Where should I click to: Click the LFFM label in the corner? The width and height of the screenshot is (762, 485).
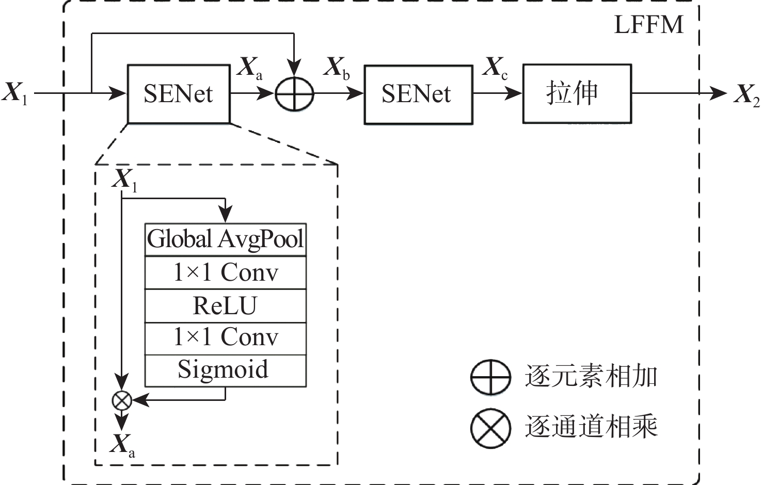click(648, 25)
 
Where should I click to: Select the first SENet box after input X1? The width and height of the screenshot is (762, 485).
click(179, 94)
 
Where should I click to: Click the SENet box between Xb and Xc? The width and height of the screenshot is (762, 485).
click(418, 94)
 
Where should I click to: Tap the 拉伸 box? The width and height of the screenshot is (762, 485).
click(577, 94)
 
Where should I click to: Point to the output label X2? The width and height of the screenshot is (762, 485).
click(747, 95)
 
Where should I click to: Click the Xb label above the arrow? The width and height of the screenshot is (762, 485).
click(337, 68)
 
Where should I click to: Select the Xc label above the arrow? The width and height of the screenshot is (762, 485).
click(495, 68)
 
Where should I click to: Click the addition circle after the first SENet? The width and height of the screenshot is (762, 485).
click(294, 94)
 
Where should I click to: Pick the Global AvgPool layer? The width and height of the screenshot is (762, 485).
click(226, 239)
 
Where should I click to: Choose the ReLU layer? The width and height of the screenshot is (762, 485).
click(226, 305)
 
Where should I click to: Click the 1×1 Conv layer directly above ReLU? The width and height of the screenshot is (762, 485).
click(226, 272)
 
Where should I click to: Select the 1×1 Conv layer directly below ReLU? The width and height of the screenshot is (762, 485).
click(226, 338)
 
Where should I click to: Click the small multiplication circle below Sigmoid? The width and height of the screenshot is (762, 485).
click(122, 400)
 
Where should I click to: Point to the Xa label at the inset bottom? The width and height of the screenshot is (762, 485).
click(122, 445)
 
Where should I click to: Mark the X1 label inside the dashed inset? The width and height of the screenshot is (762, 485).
click(125, 180)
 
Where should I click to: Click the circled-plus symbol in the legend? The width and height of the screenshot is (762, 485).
click(490, 377)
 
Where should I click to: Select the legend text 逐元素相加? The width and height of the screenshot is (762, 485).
click(591, 376)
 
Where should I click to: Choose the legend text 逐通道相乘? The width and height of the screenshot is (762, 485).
click(591, 427)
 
